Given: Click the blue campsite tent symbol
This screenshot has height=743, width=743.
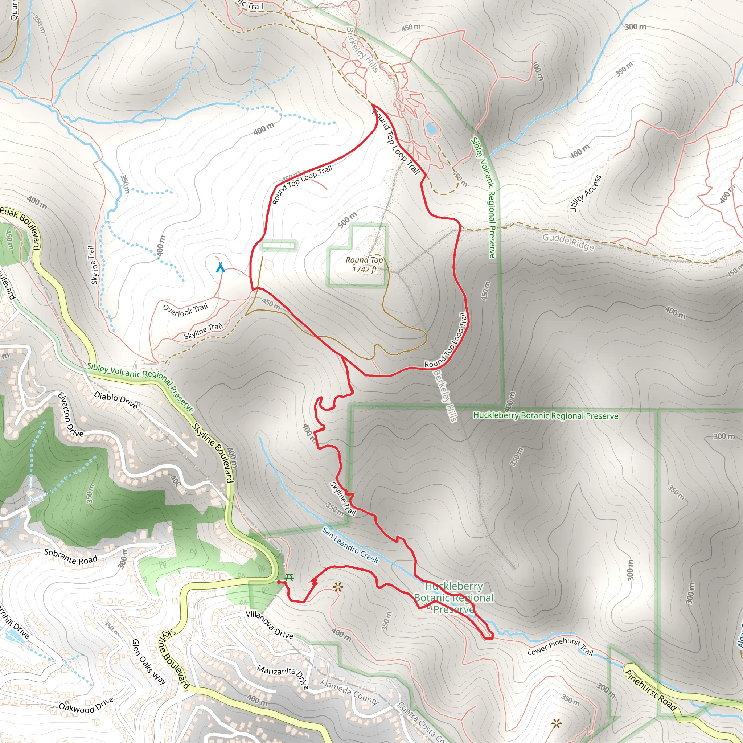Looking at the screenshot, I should click(220, 268).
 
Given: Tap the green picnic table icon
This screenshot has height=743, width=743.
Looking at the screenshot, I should click(289, 578).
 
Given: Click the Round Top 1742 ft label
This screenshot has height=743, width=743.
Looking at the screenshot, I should click(364, 264).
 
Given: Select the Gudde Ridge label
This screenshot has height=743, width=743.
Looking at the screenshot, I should click(568, 242).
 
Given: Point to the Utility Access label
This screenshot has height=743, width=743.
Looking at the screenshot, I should click(585, 193).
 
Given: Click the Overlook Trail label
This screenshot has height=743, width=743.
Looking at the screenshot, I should click(185, 309).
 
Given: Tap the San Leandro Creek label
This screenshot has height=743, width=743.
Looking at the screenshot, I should click(350, 545).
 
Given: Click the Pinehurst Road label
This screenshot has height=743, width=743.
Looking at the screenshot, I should click(650, 690).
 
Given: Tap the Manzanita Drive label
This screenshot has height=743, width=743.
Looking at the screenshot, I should click(283, 677).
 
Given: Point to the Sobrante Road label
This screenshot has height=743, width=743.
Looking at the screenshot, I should click(70, 557).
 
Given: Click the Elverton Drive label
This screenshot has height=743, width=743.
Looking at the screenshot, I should click(70, 414).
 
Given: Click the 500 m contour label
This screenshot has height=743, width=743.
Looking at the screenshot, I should click(347, 219).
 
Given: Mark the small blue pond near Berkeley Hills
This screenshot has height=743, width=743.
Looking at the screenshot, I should click(430, 128).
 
